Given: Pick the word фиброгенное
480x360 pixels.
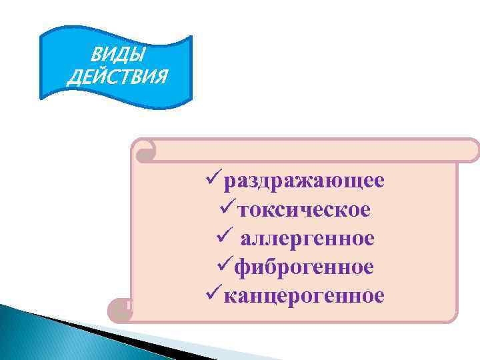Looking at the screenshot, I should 304,267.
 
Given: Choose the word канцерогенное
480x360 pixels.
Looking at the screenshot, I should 304,295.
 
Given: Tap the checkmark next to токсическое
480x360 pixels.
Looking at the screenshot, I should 227,209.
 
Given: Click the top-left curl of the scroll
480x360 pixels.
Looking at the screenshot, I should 145,153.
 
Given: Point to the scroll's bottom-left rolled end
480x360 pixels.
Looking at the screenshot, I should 119,308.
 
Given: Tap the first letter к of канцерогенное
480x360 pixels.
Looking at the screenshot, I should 230,295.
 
